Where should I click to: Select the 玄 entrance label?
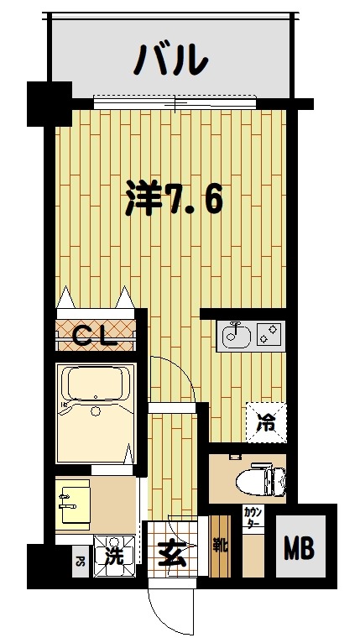pyautogui.click(x=171, y=553)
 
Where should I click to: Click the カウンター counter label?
pyautogui.click(x=252, y=517)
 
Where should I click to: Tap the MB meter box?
pyautogui.click(x=299, y=551)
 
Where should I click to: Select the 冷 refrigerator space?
pyautogui.click(x=265, y=422)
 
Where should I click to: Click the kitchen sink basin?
pyautogui.click(x=233, y=336)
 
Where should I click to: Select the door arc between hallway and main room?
pyautogui.click(x=178, y=378)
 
